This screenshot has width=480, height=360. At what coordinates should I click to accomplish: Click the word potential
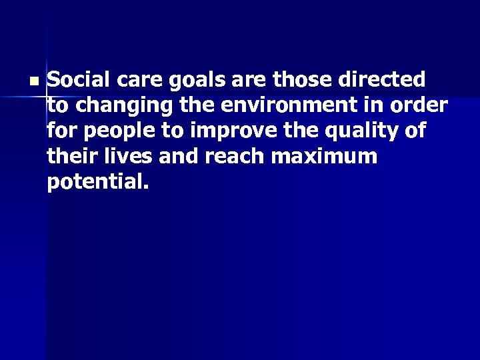click(x=94, y=183)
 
